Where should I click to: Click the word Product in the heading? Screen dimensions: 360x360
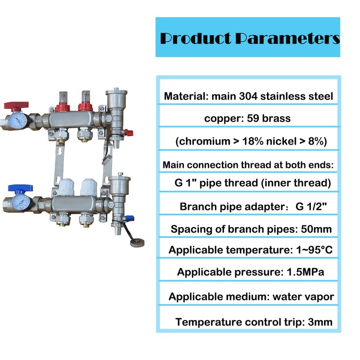(195, 38)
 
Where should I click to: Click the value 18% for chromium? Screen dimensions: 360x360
(255, 141)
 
